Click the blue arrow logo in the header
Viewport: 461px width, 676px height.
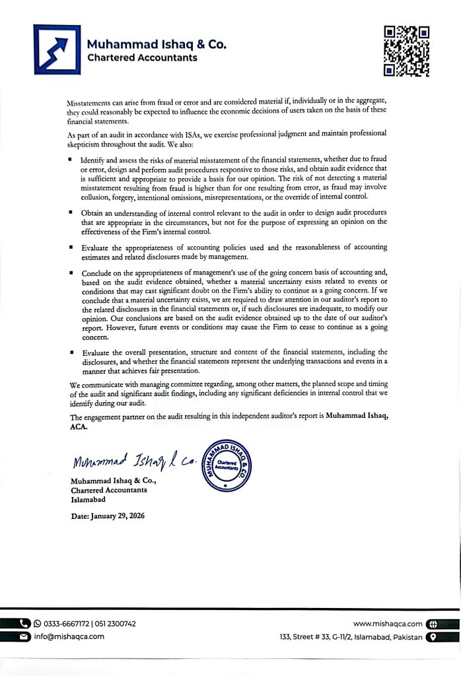(x=57, y=49)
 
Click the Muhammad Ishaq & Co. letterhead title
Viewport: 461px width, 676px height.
(x=157, y=45)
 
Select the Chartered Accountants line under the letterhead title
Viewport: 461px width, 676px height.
(x=142, y=58)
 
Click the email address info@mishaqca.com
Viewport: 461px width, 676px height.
(x=69, y=636)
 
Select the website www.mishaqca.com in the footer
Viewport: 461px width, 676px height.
(x=388, y=623)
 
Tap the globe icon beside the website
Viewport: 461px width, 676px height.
(x=433, y=623)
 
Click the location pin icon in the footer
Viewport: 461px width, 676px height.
(x=433, y=636)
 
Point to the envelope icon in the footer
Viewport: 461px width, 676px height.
(x=24, y=636)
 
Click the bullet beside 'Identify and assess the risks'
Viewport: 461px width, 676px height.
(x=71, y=160)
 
